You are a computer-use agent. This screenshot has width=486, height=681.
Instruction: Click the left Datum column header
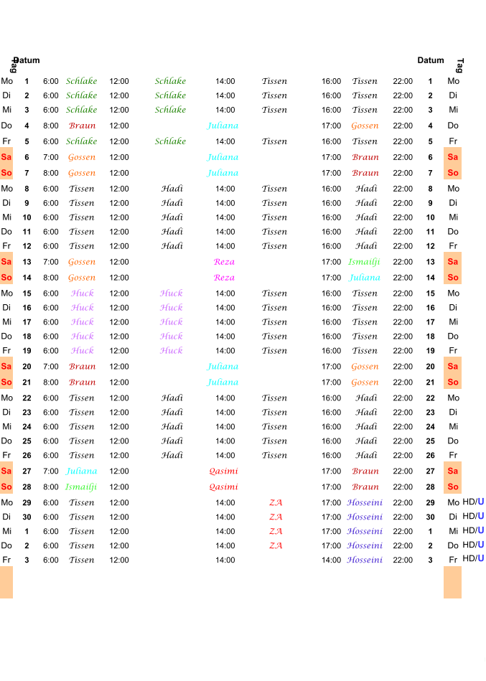tap(27, 60)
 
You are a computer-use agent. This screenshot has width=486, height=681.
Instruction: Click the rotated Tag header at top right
tap(460, 65)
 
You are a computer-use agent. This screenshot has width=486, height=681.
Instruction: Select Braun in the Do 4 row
tap(82, 126)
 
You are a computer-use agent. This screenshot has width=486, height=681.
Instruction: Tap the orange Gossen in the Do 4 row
tap(365, 126)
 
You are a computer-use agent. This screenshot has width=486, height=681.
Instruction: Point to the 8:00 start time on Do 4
tap(51, 126)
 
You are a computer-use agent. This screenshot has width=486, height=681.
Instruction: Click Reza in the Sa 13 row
tap(224, 262)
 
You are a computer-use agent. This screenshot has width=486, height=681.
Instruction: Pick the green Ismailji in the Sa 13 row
tap(364, 262)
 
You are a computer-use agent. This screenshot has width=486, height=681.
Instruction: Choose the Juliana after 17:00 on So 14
tap(365, 278)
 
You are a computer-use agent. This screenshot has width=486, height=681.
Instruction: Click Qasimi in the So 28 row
tap(224, 487)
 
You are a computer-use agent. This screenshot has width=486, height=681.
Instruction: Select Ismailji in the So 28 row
tap(81, 487)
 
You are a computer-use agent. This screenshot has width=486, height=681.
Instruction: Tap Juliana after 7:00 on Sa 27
tap(82, 471)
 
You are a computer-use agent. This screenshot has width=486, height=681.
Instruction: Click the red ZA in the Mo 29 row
tap(276, 502)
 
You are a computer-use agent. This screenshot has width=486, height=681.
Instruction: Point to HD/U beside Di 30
tap(473, 517)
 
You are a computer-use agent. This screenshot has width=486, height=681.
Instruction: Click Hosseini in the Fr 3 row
tap(365, 560)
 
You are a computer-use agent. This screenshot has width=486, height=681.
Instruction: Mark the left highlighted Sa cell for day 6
tap(6, 157)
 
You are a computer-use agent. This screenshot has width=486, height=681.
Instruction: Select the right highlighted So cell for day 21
tap(452, 382)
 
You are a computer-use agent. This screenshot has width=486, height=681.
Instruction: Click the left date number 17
tap(27, 321)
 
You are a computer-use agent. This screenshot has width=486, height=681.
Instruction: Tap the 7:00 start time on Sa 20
tap(51, 367)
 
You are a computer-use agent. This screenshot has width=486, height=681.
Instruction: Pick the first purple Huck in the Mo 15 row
tap(83, 293)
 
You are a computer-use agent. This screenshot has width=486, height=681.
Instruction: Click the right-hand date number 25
tap(431, 441)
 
